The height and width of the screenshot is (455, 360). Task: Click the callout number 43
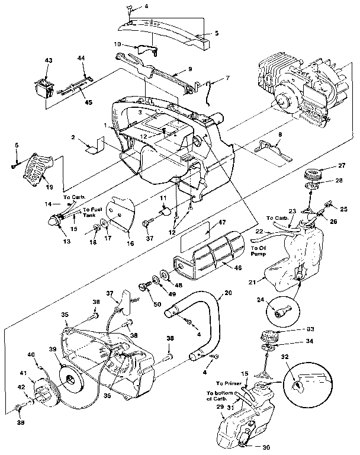click(48, 61)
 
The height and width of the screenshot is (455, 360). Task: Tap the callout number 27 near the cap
click(342, 166)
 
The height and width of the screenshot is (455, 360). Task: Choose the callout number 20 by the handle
click(228, 292)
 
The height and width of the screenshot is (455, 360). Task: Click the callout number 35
click(66, 315)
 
